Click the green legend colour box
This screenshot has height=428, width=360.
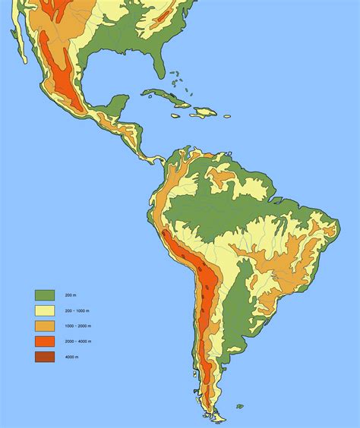click(45, 295)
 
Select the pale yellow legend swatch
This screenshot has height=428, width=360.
click(45, 310)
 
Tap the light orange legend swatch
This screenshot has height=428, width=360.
click(45, 326)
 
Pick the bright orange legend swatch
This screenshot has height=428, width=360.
click(45, 341)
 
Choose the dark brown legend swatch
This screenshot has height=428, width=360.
click(45, 356)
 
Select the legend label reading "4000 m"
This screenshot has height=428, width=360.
click(71, 357)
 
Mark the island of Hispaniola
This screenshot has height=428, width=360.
click(204, 112)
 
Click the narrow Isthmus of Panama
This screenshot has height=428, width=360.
click(152, 159)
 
